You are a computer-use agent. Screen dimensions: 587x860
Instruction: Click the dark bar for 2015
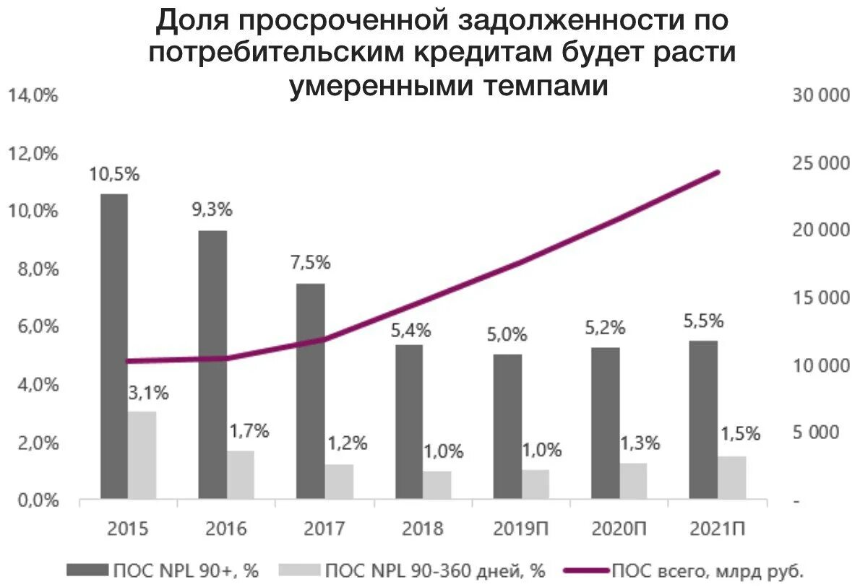(114, 347)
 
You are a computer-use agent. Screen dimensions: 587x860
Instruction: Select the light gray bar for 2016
(241, 474)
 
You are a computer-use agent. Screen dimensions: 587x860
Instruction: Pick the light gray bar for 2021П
(731, 477)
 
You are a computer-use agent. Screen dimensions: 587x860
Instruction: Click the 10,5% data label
(114, 174)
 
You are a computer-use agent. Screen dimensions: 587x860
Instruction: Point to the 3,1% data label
(149, 393)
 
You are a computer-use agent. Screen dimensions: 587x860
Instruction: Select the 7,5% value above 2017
(310, 263)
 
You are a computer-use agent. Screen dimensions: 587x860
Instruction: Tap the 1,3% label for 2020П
(640, 444)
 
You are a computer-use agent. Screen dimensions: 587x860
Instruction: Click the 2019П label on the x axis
(522, 529)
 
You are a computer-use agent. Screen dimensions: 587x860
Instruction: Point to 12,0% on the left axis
(33, 154)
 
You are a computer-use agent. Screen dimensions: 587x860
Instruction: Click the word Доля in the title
(192, 21)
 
